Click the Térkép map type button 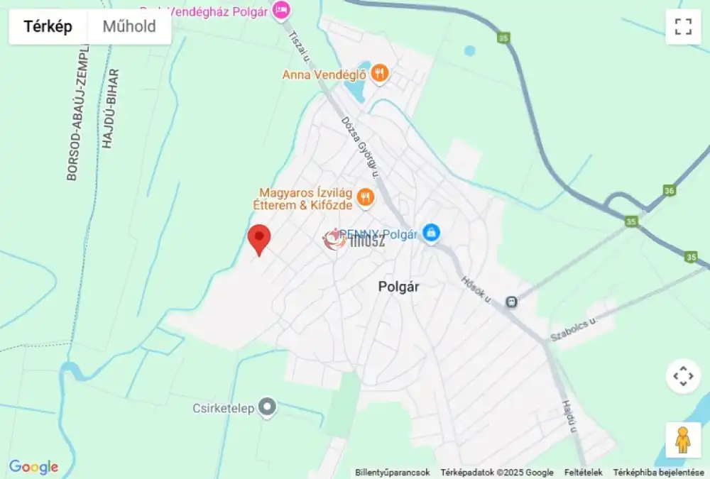pos(48,27)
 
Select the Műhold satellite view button pos(129,27)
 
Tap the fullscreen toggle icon pos(683,27)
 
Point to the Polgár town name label pos(398,287)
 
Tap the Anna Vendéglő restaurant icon pos(380,73)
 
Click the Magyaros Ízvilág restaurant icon pos(365,197)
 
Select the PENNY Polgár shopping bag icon pos(430,232)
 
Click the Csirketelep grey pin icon pos(267,407)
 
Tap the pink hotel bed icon pos(281,10)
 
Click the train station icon pos(511,302)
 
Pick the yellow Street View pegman pos(682,440)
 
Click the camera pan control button pos(682,376)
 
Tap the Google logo pos(33,467)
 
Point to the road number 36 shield pos(669,190)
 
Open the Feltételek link pos(584,473)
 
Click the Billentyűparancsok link pos(393,473)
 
